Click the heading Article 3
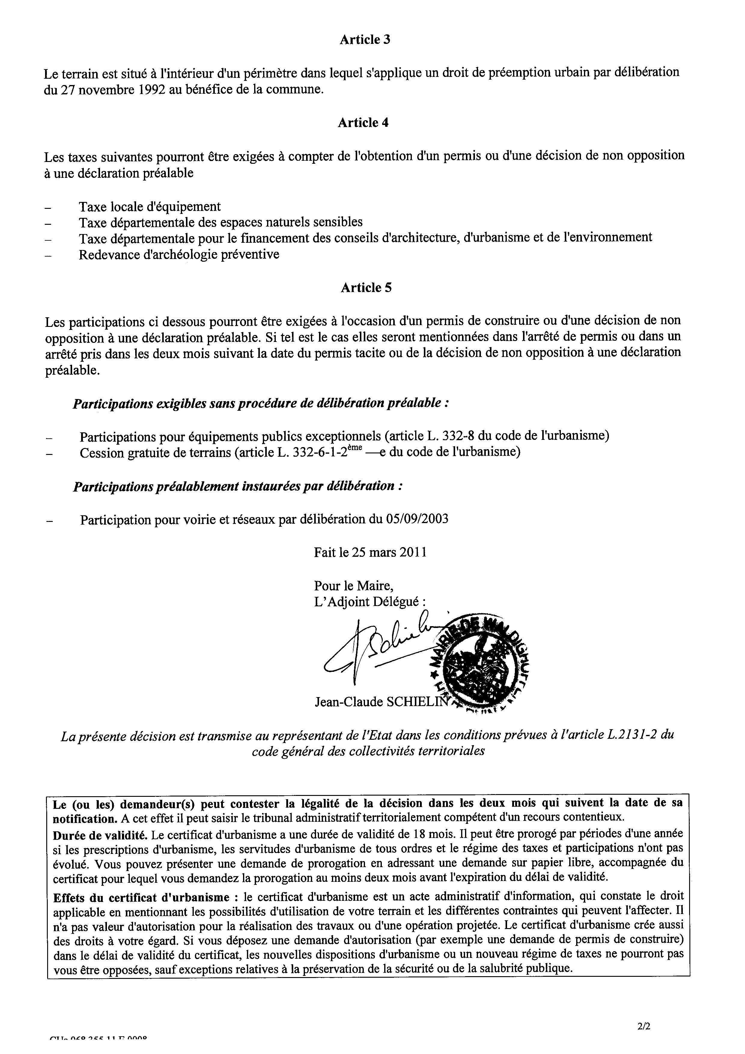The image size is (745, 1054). point(365,40)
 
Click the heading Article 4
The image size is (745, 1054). point(363,123)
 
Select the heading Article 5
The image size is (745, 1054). point(366,288)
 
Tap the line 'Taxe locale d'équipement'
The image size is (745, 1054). point(150,207)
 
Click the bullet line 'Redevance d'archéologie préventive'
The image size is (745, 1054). point(179,254)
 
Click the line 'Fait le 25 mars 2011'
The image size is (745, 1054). point(370,552)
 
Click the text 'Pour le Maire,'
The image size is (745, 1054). point(354,586)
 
